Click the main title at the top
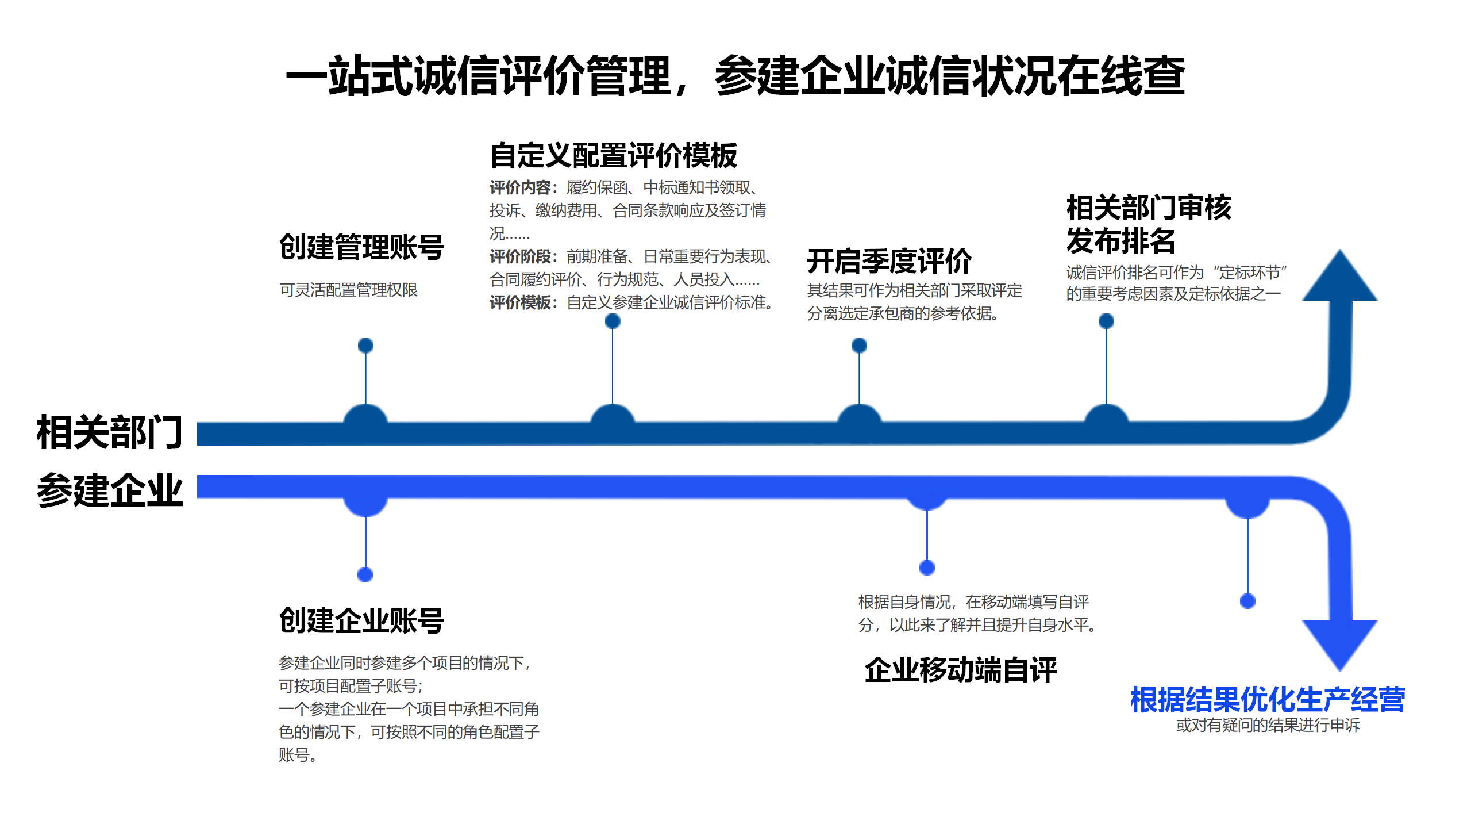[x=735, y=76]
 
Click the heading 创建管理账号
[x=361, y=247]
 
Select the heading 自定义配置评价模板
[x=613, y=155]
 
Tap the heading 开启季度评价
[x=889, y=262]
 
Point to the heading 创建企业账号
[x=361, y=621]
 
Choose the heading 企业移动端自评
[x=960, y=670]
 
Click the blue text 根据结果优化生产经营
[x=1267, y=700]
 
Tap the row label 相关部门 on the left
[x=109, y=432]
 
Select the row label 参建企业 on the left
[x=109, y=490]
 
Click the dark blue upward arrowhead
[x=1339, y=279]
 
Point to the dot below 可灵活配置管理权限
[x=365, y=345]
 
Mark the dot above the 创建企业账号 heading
[x=365, y=574]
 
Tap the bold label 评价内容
[x=520, y=187]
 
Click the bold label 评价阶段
[x=520, y=256]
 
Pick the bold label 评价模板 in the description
[x=520, y=302]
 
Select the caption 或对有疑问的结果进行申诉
[x=1268, y=725]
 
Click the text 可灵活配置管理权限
[x=349, y=290]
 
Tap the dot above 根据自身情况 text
[x=927, y=568]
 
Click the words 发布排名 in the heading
[x=1120, y=240]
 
